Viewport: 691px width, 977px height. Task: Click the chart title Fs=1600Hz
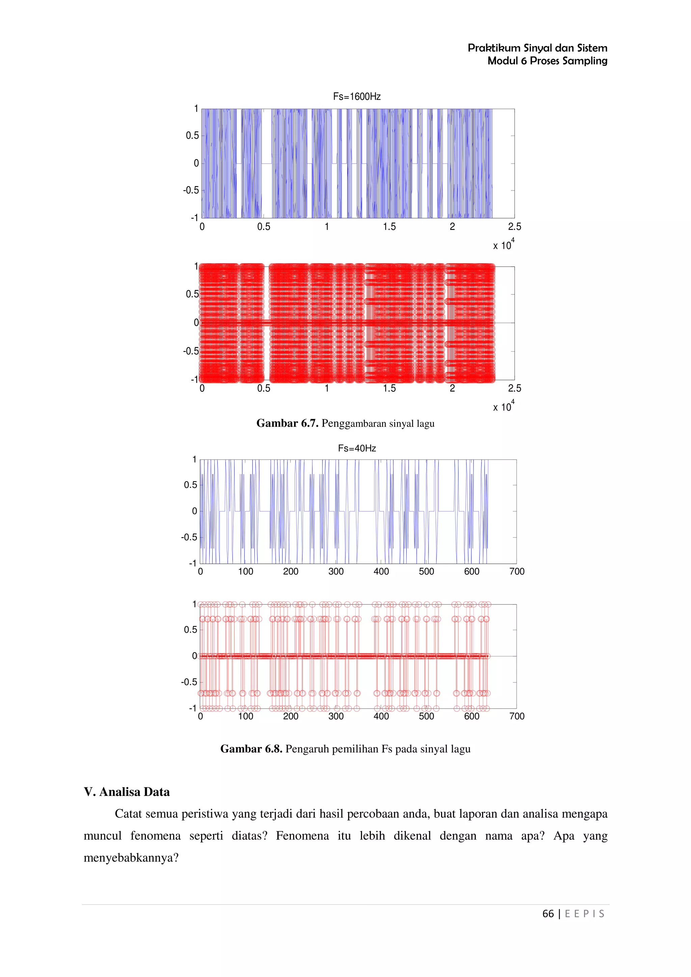(x=356, y=97)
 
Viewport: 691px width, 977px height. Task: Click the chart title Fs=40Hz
(x=357, y=448)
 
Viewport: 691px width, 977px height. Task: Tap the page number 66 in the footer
(x=548, y=914)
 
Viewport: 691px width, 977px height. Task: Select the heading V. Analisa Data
(x=127, y=792)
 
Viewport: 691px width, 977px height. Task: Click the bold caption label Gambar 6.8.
(x=251, y=749)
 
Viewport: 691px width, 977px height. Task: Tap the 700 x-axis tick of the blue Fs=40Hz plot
(x=517, y=571)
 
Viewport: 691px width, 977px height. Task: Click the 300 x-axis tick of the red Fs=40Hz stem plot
(x=336, y=716)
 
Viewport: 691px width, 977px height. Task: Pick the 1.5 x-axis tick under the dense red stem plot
(x=389, y=388)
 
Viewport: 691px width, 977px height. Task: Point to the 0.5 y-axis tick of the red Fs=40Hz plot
(x=191, y=629)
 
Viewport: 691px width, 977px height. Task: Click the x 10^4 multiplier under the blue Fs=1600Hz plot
(x=503, y=245)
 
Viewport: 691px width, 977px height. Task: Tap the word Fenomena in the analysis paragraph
(x=302, y=836)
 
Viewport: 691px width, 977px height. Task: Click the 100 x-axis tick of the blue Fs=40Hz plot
(x=246, y=571)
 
